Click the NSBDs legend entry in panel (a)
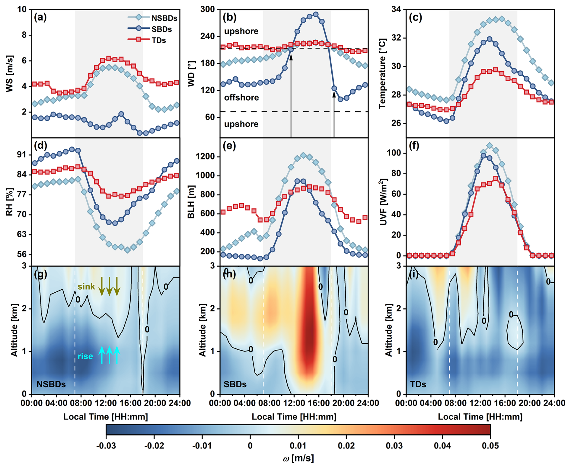pos(164,18)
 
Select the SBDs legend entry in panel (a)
pos(161,29)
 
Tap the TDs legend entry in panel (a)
pos(158,40)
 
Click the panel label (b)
pos(229,18)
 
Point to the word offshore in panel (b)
pos(241,98)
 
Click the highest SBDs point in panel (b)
pos(316,14)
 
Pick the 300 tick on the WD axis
pos(208,9)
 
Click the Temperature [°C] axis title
pos(382,73)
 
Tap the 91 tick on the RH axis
pos(22,155)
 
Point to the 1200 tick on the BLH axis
pos(205,156)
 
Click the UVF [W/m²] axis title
pos(383,202)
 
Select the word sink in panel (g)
pos(86,287)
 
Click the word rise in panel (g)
pos(85,356)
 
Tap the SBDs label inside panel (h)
pos(235,384)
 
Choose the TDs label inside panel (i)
pos(418,384)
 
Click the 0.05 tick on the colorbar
pos(490,446)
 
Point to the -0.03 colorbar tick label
pos(106,446)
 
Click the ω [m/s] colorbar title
pos(298,458)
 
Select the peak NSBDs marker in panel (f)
pos(490,146)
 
